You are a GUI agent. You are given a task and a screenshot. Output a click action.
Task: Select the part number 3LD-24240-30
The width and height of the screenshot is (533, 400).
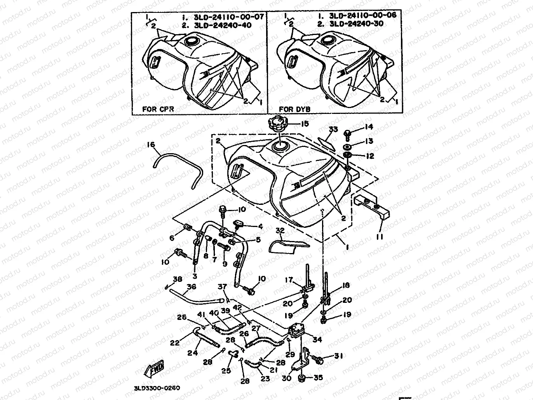click(356, 24)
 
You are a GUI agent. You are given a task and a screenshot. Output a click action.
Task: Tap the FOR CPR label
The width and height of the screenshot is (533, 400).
click(157, 109)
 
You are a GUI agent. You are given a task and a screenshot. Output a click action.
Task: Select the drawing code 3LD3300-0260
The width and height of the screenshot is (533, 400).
click(157, 388)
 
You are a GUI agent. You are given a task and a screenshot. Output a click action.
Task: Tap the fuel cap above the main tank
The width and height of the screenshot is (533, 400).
click(278, 125)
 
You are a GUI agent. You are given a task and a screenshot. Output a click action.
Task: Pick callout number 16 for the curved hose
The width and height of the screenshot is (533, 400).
click(150, 145)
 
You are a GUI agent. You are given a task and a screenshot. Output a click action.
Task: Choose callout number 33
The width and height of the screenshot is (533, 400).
click(333, 129)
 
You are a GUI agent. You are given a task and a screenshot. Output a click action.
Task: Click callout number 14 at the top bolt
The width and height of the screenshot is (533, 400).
click(368, 127)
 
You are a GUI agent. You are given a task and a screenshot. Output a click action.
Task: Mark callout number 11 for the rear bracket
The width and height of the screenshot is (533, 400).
click(379, 236)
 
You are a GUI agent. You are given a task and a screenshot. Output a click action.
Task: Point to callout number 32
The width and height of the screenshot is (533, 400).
click(280, 230)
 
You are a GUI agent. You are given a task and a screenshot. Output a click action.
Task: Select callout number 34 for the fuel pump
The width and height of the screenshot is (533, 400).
click(317, 339)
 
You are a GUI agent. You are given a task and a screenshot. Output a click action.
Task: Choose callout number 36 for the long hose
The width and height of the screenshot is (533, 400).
click(191, 287)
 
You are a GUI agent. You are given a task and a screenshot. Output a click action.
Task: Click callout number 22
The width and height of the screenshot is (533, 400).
click(174, 342)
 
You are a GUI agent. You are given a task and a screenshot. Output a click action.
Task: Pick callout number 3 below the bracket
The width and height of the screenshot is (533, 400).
click(195, 276)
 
